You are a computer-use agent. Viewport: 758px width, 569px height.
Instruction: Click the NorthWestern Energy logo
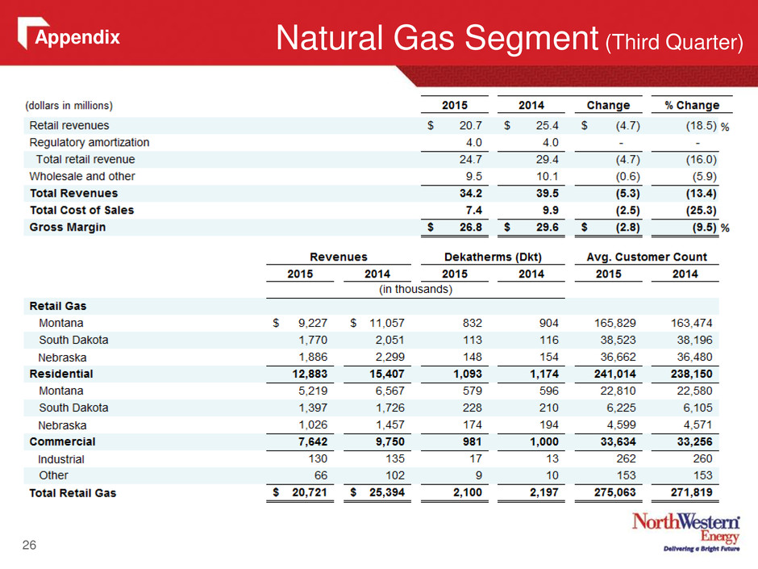pos(686,532)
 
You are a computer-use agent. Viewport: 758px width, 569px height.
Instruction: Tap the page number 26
pos(29,545)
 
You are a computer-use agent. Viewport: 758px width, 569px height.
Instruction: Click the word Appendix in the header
pos(77,37)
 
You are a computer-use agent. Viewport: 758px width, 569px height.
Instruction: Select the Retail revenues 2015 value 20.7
pos(470,125)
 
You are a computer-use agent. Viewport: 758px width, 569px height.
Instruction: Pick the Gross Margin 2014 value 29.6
pos(548,227)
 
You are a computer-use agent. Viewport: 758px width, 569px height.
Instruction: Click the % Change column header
pos(692,105)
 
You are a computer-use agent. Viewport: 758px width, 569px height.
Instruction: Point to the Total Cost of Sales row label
pos(81,210)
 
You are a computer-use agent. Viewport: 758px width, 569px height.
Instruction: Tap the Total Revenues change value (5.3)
pos(627,193)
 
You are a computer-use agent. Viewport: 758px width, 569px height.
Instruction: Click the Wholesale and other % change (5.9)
pos(704,176)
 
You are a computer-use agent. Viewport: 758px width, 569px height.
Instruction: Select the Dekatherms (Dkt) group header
pos(493,257)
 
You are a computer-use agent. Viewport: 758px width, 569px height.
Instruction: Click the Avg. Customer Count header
pos(647,257)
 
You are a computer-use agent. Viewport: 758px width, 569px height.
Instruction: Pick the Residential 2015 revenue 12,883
pos(310,374)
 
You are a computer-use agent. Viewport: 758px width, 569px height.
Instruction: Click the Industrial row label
pos(61,458)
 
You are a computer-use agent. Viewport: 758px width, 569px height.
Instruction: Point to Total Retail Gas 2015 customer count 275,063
pos(615,492)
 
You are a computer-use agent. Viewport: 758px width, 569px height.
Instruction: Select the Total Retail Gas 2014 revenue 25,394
pos(387,492)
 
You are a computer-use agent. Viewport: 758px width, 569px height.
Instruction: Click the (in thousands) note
pos(415,289)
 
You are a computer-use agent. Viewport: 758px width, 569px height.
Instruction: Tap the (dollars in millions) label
pos(69,106)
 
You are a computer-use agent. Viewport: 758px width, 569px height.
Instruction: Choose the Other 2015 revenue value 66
pos(320,475)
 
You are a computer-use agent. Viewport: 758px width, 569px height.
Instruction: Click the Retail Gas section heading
pos(58,306)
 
